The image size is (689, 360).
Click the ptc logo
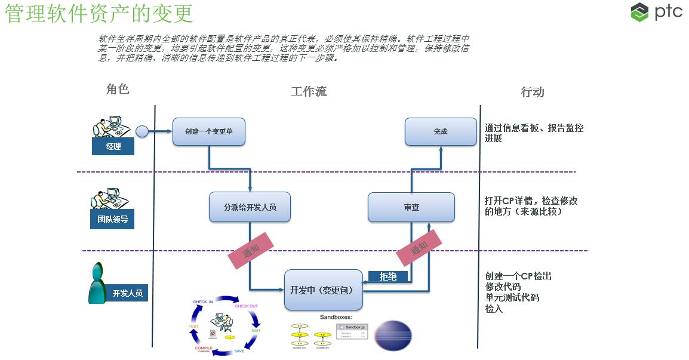[x=656, y=13]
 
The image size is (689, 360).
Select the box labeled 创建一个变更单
[x=209, y=131]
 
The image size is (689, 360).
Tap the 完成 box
[x=441, y=131]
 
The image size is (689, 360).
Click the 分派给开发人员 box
[x=250, y=207]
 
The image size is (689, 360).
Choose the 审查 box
[x=411, y=207]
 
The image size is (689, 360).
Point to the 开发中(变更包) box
[x=324, y=290]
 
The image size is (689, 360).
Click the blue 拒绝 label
[x=387, y=276]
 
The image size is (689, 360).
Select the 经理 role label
[x=113, y=146]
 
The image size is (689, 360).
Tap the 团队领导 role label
[x=113, y=219]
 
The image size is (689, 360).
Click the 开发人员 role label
[x=127, y=293]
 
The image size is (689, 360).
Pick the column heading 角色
[x=117, y=90]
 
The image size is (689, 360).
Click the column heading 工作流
[x=309, y=91]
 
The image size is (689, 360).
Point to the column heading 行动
[x=533, y=91]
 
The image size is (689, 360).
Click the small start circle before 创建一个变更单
[x=142, y=131]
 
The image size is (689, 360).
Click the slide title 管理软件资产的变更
[x=99, y=13]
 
